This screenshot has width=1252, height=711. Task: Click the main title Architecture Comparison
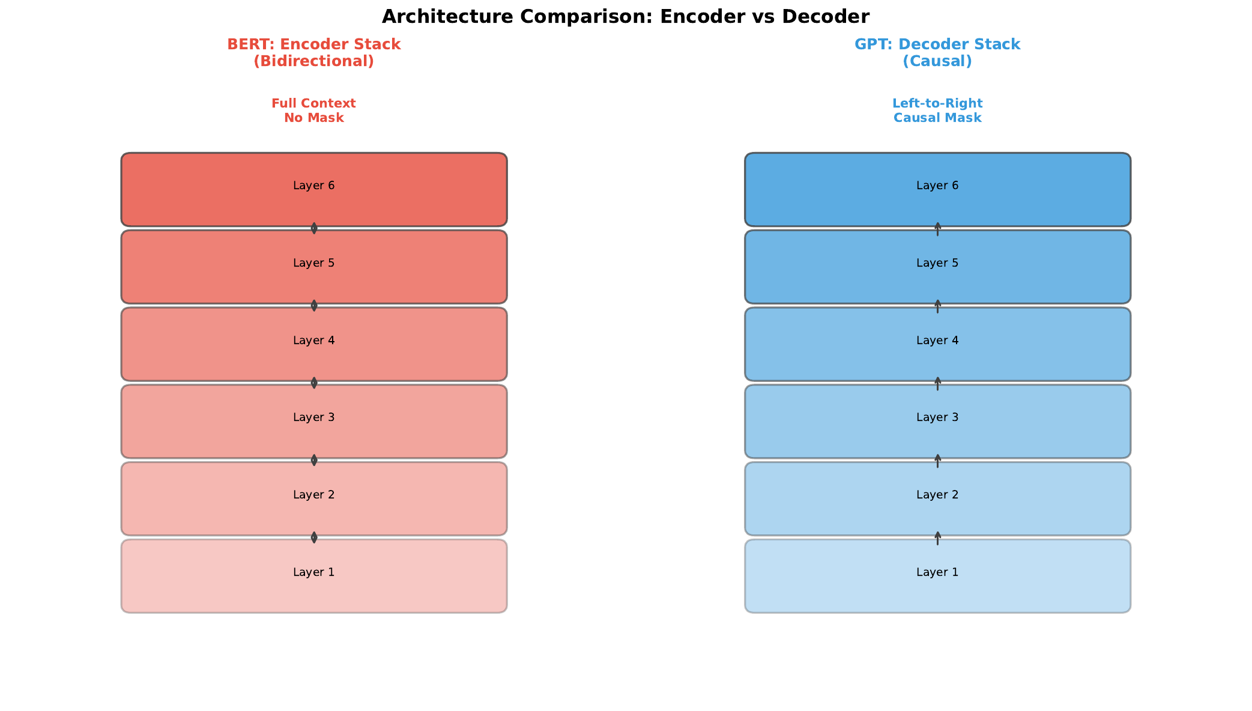pyautogui.click(x=625, y=16)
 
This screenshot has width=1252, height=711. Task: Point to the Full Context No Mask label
pyautogui.click(x=313, y=110)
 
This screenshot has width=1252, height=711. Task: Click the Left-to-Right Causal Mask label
pyautogui.click(x=937, y=110)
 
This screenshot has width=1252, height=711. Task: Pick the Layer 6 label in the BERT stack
pyautogui.click(x=313, y=186)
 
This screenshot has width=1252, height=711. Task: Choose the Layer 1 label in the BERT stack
pyautogui.click(x=313, y=572)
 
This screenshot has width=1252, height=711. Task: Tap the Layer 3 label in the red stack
pyautogui.click(x=313, y=417)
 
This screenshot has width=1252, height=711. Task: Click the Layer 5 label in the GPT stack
pyautogui.click(x=937, y=263)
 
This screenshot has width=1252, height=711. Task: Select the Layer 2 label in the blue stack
pyautogui.click(x=937, y=495)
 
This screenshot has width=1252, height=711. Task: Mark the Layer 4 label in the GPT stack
pyautogui.click(x=937, y=340)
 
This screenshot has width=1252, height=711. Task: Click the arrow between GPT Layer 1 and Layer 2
pyautogui.click(x=937, y=538)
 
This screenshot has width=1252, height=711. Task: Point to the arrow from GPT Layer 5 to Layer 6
pyautogui.click(x=937, y=229)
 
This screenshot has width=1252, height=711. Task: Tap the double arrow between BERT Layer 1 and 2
pyautogui.click(x=313, y=537)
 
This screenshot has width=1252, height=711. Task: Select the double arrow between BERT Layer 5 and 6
pyautogui.click(x=313, y=228)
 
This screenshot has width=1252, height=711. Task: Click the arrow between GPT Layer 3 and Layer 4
pyautogui.click(x=937, y=384)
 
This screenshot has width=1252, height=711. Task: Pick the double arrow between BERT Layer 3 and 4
pyautogui.click(x=313, y=383)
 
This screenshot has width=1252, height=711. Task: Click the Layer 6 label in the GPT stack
pyautogui.click(x=937, y=186)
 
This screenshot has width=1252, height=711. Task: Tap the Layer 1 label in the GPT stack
pyautogui.click(x=937, y=572)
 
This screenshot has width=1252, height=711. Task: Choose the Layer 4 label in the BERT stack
pyautogui.click(x=313, y=340)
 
